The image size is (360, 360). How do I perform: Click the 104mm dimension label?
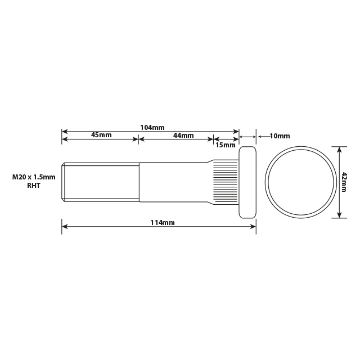coord(152,128)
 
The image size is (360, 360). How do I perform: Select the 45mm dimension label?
coord(101,136)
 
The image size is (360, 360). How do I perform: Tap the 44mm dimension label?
coord(183,136)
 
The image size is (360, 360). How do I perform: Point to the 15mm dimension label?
coord(226,145)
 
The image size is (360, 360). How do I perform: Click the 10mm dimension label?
coord(280,136)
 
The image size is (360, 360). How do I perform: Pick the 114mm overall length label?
coord(163,223)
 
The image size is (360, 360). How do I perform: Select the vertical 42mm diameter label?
coord(344,182)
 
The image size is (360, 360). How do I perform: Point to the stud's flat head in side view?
coord(248,182)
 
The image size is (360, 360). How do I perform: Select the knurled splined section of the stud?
coord(225,182)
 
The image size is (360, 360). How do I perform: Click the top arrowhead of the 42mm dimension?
coord(339,149)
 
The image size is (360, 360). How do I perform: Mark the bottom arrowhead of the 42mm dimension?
coord(339,215)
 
